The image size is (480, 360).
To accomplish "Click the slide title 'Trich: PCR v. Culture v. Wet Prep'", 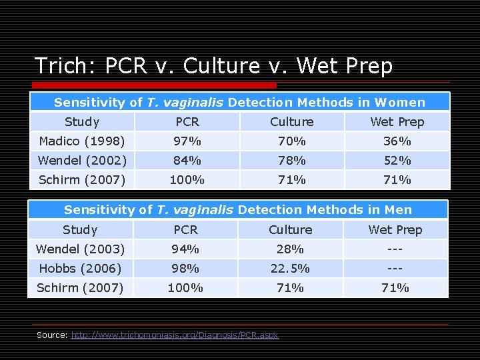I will (x=213, y=66).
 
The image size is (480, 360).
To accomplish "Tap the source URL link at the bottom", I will (x=175, y=335).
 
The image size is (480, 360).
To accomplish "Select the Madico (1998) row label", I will (x=81, y=141).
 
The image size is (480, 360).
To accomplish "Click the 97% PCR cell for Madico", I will (x=187, y=141).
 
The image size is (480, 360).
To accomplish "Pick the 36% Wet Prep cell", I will (x=397, y=141).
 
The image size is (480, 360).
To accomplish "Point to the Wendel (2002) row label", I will (x=81, y=160).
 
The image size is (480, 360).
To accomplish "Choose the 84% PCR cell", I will (x=187, y=160).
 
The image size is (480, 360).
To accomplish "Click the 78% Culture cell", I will (x=291, y=160).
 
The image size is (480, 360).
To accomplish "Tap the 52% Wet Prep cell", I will (x=397, y=160).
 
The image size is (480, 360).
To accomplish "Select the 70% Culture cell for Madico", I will (x=291, y=141).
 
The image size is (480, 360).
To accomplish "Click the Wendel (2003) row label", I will (x=80, y=249).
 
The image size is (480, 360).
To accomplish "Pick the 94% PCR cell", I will (x=185, y=249).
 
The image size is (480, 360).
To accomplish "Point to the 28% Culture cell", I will (x=290, y=249).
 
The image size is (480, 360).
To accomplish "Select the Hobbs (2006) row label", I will (x=80, y=268).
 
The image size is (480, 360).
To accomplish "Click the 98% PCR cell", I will (x=185, y=268).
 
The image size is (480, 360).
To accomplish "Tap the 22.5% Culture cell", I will (x=290, y=268).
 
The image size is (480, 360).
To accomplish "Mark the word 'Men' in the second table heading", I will (x=399, y=209).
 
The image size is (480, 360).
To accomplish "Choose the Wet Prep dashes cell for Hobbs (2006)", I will (x=395, y=268).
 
